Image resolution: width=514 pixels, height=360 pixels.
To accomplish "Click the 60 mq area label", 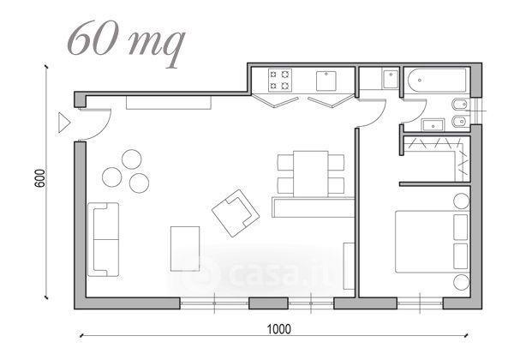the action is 127,43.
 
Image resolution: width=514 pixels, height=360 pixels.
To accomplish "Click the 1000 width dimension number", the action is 279,329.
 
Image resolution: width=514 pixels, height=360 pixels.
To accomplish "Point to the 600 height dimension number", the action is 39,178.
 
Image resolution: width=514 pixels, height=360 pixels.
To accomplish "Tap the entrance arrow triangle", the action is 64,123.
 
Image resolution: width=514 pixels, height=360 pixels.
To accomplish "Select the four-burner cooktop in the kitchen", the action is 280,80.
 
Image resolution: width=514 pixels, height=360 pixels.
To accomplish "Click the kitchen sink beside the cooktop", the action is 326,81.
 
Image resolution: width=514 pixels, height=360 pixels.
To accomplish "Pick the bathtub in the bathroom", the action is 437,80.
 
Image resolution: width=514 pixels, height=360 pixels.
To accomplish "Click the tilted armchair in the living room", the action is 236,213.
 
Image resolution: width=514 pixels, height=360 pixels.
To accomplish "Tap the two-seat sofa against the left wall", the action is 104,239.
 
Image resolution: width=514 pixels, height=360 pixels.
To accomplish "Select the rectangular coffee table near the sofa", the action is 185,249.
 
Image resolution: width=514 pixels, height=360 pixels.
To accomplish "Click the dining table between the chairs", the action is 311,174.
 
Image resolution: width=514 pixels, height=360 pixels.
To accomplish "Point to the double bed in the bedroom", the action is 432,242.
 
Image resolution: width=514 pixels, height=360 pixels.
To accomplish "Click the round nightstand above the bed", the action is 462,201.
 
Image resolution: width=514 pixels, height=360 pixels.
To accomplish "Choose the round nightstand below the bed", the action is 462,282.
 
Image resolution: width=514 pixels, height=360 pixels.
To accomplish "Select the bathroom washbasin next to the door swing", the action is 433,125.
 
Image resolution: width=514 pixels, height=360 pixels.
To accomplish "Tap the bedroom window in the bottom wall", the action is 420,303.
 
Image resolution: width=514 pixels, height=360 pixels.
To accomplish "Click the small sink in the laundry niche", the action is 391,79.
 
